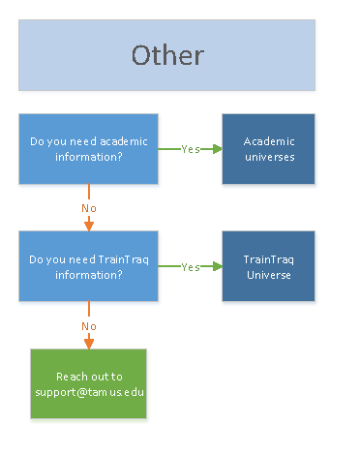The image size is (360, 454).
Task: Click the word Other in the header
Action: (x=167, y=55)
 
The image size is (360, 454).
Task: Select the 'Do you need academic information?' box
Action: (x=88, y=149)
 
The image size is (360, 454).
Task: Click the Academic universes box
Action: (x=268, y=149)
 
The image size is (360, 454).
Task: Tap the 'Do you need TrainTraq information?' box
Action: (x=88, y=266)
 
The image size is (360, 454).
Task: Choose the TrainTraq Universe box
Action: (x=268, y=266)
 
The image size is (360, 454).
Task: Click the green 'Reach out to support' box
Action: (x=88, y=383)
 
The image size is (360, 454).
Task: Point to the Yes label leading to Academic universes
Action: (x=190, y=149)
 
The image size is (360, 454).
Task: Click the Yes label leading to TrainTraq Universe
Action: (x=190, y=266)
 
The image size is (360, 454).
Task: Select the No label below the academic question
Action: (x=89, y=208)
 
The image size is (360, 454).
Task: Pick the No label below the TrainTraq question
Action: (x=89, y=325)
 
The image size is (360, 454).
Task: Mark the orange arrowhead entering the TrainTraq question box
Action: (x=89, y=227)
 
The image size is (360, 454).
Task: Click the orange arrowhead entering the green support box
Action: (x=89, y=344)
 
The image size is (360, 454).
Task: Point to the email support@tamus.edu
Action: (x=88, y=391)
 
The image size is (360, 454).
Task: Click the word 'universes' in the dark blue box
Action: (x=268, y=157)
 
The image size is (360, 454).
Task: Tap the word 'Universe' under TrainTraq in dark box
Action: (x=268, y=274)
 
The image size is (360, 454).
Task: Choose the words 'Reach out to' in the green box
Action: (x=88, y=377)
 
